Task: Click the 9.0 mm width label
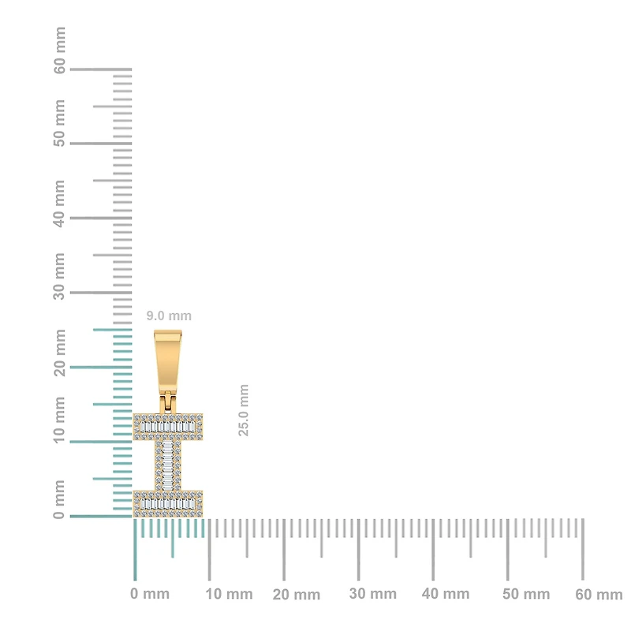coord(169,316)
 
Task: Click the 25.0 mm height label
coord(244,410)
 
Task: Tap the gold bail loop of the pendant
coord(168,360)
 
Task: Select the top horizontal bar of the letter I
coord(168,427)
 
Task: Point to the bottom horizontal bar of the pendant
coord(168,503)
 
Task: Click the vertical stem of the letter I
coord(168,465)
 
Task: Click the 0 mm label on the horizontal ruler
coord(150,594)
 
